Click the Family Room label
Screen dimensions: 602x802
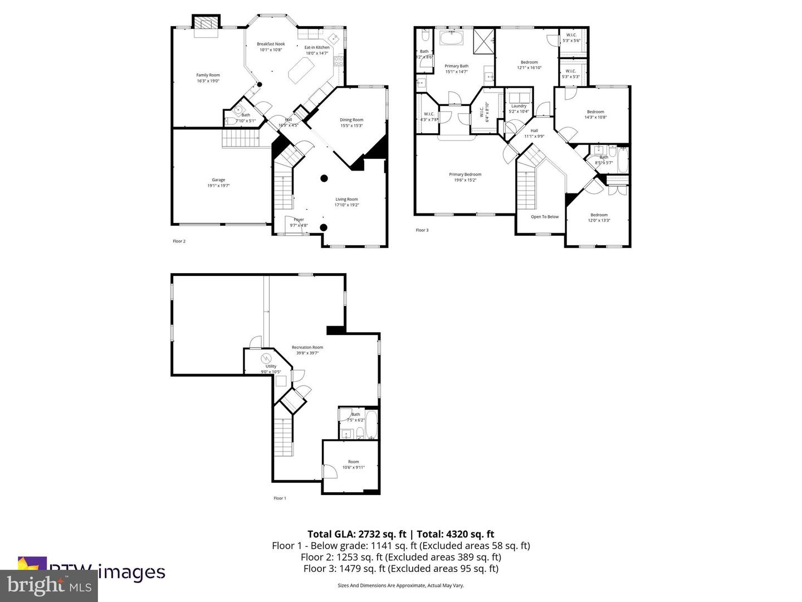click(208, 78)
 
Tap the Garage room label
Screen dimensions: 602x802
click(218, 183)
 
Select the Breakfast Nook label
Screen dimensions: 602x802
click(271, 47)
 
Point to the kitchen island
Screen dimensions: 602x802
click(301, 70)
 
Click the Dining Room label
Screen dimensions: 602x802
click(351, 123)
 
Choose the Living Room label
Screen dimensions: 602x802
click(346, 202)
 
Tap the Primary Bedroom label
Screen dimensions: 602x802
click(465, 177)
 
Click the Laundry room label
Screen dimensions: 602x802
click(519, 109)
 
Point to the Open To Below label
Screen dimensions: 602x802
click(545, 217)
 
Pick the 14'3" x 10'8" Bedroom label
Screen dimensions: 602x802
click(595, 114)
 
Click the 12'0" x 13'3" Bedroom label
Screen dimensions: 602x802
click(599, 217)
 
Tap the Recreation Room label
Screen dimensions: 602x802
click(307, 350)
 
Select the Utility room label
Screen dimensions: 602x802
click(271, 369)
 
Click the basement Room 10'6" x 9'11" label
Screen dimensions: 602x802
click(353, 464)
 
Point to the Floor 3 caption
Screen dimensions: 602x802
click(422, 230)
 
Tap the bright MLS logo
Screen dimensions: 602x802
click(49, 586)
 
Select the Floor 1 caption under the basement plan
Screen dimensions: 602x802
click(280, 498)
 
